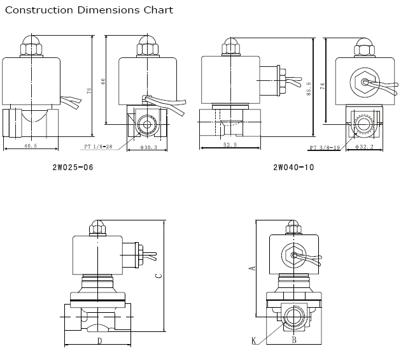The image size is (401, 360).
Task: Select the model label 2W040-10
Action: (293, 168)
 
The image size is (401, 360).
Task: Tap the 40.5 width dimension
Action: (30, 145)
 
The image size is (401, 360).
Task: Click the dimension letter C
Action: (159, 276)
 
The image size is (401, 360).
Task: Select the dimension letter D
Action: (99, 341)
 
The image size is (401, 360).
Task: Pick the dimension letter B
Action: (293, 341)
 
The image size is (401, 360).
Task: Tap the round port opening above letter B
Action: (293, 317)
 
